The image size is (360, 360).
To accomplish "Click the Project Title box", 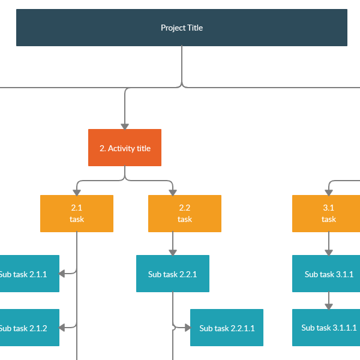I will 181,28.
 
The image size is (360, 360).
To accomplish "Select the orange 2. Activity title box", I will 125,148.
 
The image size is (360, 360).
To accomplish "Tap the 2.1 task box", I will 77,214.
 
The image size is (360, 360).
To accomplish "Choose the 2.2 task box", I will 185,214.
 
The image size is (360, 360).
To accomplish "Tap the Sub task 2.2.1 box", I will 173,274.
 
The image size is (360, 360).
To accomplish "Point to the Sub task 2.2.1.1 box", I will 227,328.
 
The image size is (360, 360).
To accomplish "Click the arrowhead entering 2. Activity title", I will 125,126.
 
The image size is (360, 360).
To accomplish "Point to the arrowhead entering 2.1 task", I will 77,192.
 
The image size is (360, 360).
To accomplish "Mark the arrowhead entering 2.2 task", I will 173,192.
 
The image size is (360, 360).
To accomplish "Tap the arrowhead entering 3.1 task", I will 329,192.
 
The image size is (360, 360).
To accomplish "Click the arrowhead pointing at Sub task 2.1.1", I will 63,274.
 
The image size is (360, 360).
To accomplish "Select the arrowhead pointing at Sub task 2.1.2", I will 63,328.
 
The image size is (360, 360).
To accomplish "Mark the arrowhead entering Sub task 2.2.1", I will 173,252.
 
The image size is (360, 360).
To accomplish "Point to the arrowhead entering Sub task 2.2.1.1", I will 187,328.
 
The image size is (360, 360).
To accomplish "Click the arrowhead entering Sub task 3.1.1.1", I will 329,306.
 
